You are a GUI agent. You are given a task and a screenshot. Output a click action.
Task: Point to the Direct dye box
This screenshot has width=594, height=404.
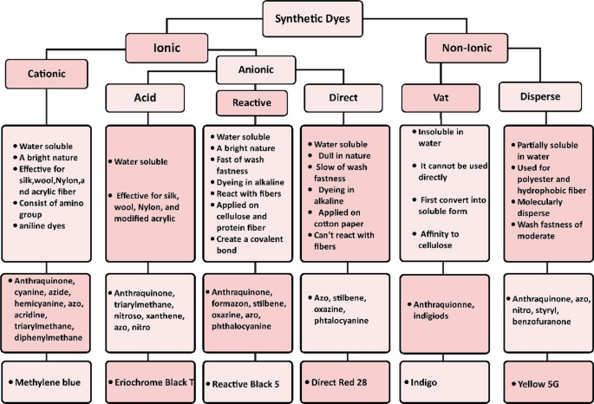coord(344,98)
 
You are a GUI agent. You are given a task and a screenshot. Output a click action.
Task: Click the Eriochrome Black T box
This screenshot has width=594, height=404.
coord(148,381)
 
